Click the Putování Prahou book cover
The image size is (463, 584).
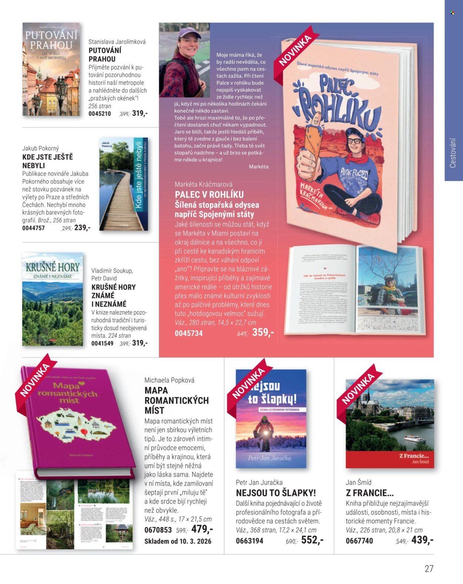[x=51, y=70]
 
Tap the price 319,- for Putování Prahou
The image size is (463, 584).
[x=140, y=113]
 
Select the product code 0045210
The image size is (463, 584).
[x=100, y=114]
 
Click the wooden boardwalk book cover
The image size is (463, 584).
[x=124, y=184]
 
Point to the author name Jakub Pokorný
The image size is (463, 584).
[x=40, y=148]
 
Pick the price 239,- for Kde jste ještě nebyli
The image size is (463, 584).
[x=82, y=228]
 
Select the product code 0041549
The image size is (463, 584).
[x=102, y=343]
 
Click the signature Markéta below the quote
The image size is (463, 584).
[x=259, y=167]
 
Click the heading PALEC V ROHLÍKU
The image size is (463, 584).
[x=209, y=195]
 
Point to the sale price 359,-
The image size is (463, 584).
[x=263, y=332]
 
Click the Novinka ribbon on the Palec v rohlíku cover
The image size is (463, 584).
[x=296, y=49]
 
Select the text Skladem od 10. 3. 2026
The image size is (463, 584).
[x=178, y=541]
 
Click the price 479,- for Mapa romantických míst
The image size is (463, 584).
[x=202, y=529]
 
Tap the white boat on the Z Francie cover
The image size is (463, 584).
[x=414, y=439]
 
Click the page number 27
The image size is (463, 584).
[x=429, y=568]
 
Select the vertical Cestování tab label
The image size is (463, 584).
[x=453, y=153]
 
